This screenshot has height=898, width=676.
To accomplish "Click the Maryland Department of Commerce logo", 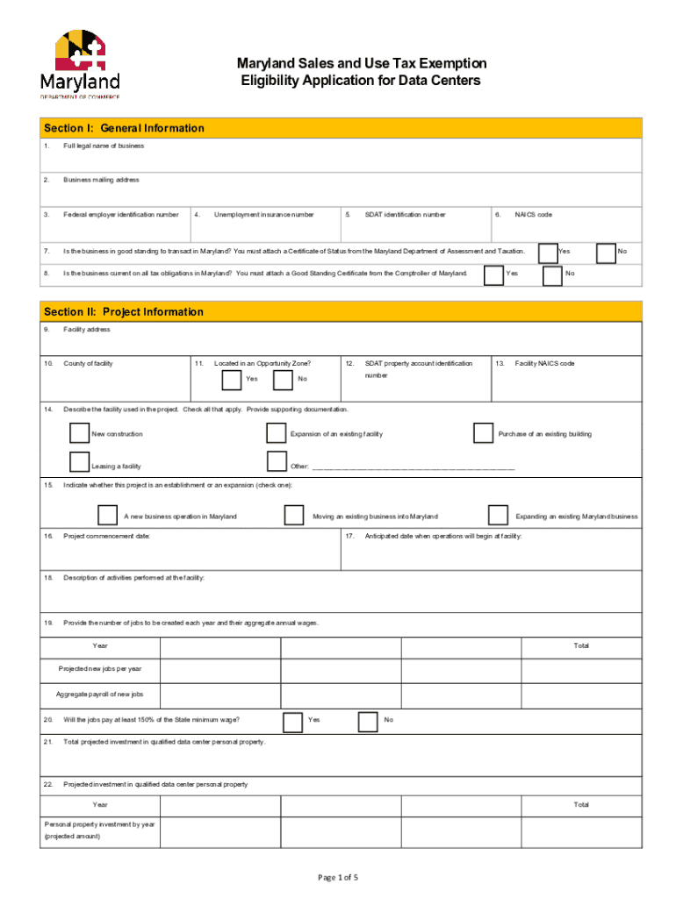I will coord(80,65).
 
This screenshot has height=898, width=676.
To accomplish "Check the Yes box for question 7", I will coord(548,252).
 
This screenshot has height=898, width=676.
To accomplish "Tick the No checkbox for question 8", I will coord(553,274).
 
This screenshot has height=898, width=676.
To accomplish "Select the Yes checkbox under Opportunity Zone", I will coord(232,379).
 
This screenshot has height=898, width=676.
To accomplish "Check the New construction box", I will coord(79,433).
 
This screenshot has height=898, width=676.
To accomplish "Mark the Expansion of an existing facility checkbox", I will coord(277,433).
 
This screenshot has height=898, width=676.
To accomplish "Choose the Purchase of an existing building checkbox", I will coord(483,433).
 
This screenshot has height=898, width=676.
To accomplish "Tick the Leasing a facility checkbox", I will coord(79,462).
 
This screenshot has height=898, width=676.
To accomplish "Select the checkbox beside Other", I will coord(277,462).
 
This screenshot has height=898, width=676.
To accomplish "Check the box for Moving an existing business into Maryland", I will coord(295,515).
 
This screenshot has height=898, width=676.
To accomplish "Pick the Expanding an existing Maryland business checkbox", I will coord(498,515).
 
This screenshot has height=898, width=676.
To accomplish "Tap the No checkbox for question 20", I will coord(369,721).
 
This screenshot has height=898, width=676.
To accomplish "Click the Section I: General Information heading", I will coord(124,128).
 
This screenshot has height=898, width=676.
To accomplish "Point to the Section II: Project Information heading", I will coord(123,311).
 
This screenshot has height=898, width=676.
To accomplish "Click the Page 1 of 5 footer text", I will coord(337,877).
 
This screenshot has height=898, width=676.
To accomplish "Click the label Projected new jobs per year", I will coord(100,669).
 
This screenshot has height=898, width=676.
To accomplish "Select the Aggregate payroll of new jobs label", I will coord(100,695).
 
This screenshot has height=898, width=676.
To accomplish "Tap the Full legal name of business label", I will coord(104,146).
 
